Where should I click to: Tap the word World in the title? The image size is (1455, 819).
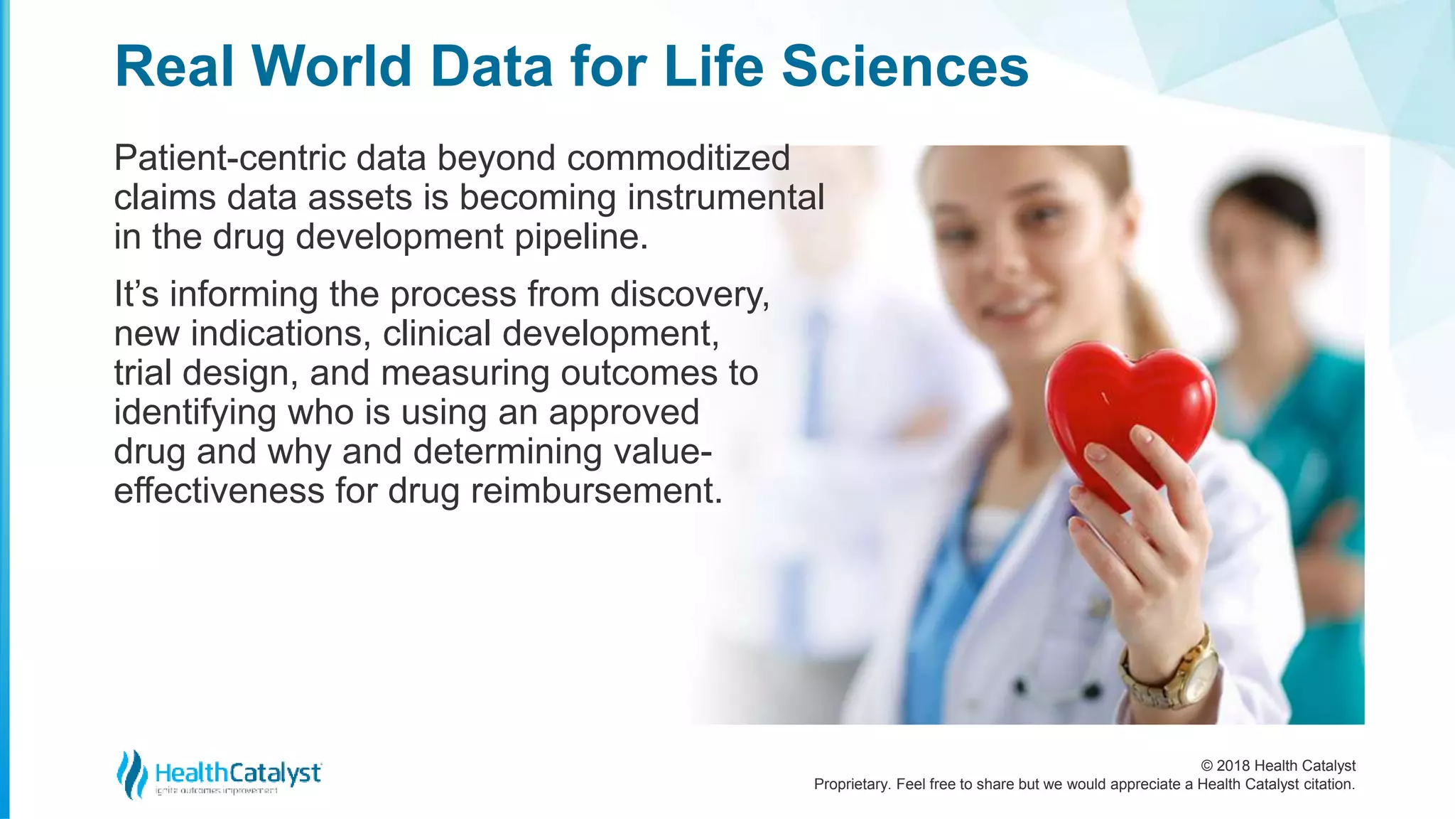tap(332, 66)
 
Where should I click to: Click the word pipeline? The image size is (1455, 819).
tap(580, 237)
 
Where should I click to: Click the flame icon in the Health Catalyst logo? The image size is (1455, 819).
tap(131, 774)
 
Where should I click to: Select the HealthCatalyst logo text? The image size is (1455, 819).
tap(237, 773)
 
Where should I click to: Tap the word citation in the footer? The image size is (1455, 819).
tap(1329, 784)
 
